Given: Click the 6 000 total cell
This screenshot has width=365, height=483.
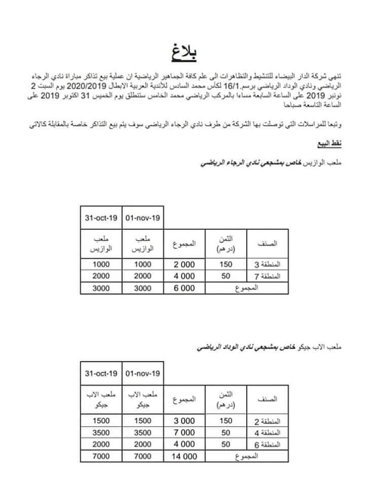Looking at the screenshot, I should (x=184, y=288).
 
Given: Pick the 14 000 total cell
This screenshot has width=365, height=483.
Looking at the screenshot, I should (x=184, y=456).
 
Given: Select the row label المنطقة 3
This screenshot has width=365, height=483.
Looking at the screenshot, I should (x=267, y=264).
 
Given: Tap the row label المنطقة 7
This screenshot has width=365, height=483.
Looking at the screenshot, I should (x=267, y=276).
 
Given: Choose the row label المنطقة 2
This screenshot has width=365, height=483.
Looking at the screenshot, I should (x=267, y=421).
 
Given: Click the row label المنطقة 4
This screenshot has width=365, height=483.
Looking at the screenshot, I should (x=267, y=433).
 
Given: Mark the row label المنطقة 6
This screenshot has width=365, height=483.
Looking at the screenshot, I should (x=267, y=444).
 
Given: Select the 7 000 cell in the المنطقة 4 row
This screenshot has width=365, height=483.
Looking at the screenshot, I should (x=184, y=433).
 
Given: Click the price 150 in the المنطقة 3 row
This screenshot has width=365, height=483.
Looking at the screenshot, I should (x=226, y=264).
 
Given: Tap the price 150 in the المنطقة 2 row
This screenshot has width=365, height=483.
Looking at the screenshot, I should (x=226, y=421).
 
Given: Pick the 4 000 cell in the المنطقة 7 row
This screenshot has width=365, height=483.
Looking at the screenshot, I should (x=184, y=276).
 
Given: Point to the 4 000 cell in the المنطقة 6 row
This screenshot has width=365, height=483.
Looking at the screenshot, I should (x=184, y=444).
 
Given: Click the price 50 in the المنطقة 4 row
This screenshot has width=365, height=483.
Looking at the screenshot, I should (x=226, y=433).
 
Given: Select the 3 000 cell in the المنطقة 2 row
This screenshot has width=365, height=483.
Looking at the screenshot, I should (x=184, y=421).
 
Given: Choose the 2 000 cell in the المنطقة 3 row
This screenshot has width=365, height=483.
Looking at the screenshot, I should (x=184, y=264).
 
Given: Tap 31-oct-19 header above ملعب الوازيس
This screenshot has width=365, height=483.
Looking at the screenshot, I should (x=101, y=218).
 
